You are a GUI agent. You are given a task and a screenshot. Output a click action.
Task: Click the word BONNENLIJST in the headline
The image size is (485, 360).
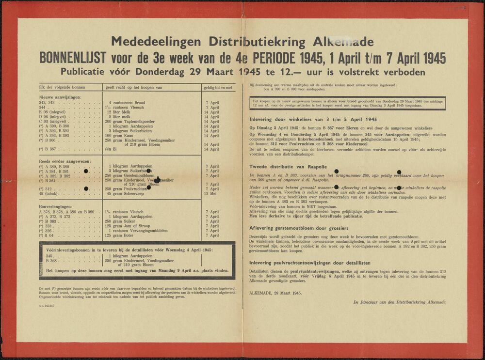[x=73, y=59]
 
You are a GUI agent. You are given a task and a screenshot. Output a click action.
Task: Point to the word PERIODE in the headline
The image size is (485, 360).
[x=279, y=59]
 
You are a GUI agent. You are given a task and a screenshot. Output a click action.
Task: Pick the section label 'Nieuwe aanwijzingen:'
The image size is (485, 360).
[x=60, y=98]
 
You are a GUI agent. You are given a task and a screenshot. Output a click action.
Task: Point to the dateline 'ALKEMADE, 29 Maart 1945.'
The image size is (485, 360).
[x=275, y=293]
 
